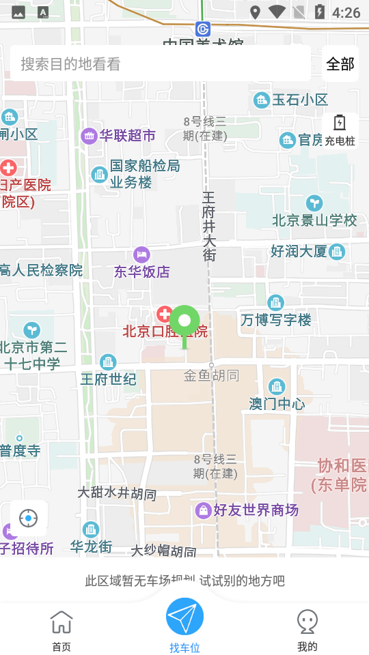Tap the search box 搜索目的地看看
161,64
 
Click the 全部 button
340,64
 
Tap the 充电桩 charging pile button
340,130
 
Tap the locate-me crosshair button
29,519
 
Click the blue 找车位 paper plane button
184,617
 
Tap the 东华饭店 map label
142,272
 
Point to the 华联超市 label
127,136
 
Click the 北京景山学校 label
314,220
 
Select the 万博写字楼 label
276,319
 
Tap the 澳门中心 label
277,403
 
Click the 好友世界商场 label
256,510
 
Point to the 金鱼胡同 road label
211,375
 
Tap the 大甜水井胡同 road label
117,493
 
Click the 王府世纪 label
109,379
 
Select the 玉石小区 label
300,100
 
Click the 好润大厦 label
299,251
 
